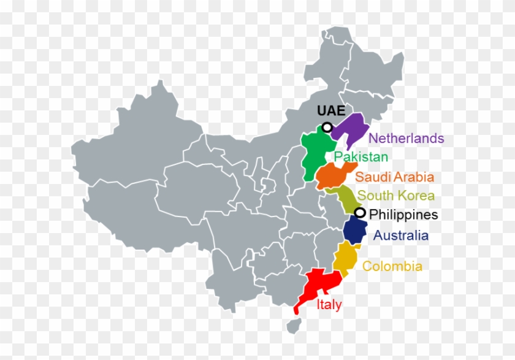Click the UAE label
pos(331,111)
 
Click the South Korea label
pos(396,196)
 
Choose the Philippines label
pos(404,215)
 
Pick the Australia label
pos(401,235)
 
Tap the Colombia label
pos(392,266)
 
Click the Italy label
pos(329,304)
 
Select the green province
pos(315,156)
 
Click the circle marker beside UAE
pos(327,127)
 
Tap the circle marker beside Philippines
pos(360,213)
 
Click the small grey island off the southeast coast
pos(296,324)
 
